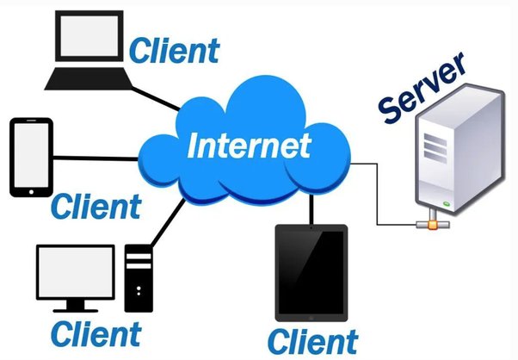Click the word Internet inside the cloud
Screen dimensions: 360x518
(248, 146)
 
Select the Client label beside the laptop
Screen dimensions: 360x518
(174, 50)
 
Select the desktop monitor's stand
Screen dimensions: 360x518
(76, 305)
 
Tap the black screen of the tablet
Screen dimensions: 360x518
(310, 270)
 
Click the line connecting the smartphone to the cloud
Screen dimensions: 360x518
(95, 158)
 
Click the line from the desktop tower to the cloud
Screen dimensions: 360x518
(163, 223)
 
